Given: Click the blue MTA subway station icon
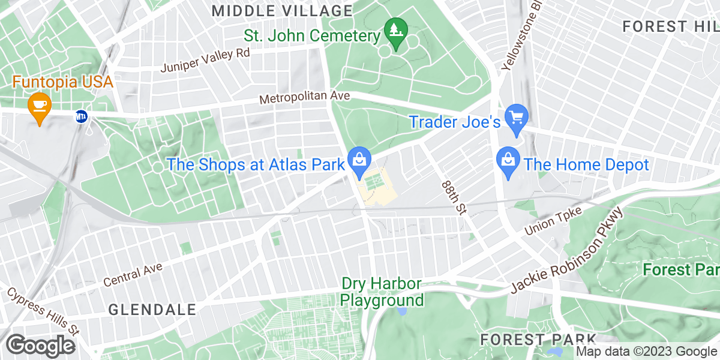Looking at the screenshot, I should click(x=80, y=116).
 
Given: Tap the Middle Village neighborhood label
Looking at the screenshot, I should click(x=282, y=11).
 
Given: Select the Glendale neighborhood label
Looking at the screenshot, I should click(x=152, y=310).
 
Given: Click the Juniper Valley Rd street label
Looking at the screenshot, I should click(x=205, y=60).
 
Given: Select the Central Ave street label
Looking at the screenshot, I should click(x=133, y=274).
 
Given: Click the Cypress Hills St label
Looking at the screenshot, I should click(x=43, y=311).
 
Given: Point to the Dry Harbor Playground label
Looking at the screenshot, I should click(x=382, y=292).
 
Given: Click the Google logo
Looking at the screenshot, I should click(x=41, y=346).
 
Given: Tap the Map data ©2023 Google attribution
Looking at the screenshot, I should click(x=646, y=352).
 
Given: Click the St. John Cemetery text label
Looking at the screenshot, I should click(x=312, y=36).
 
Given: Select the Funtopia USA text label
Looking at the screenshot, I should click(x=63, y=82).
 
